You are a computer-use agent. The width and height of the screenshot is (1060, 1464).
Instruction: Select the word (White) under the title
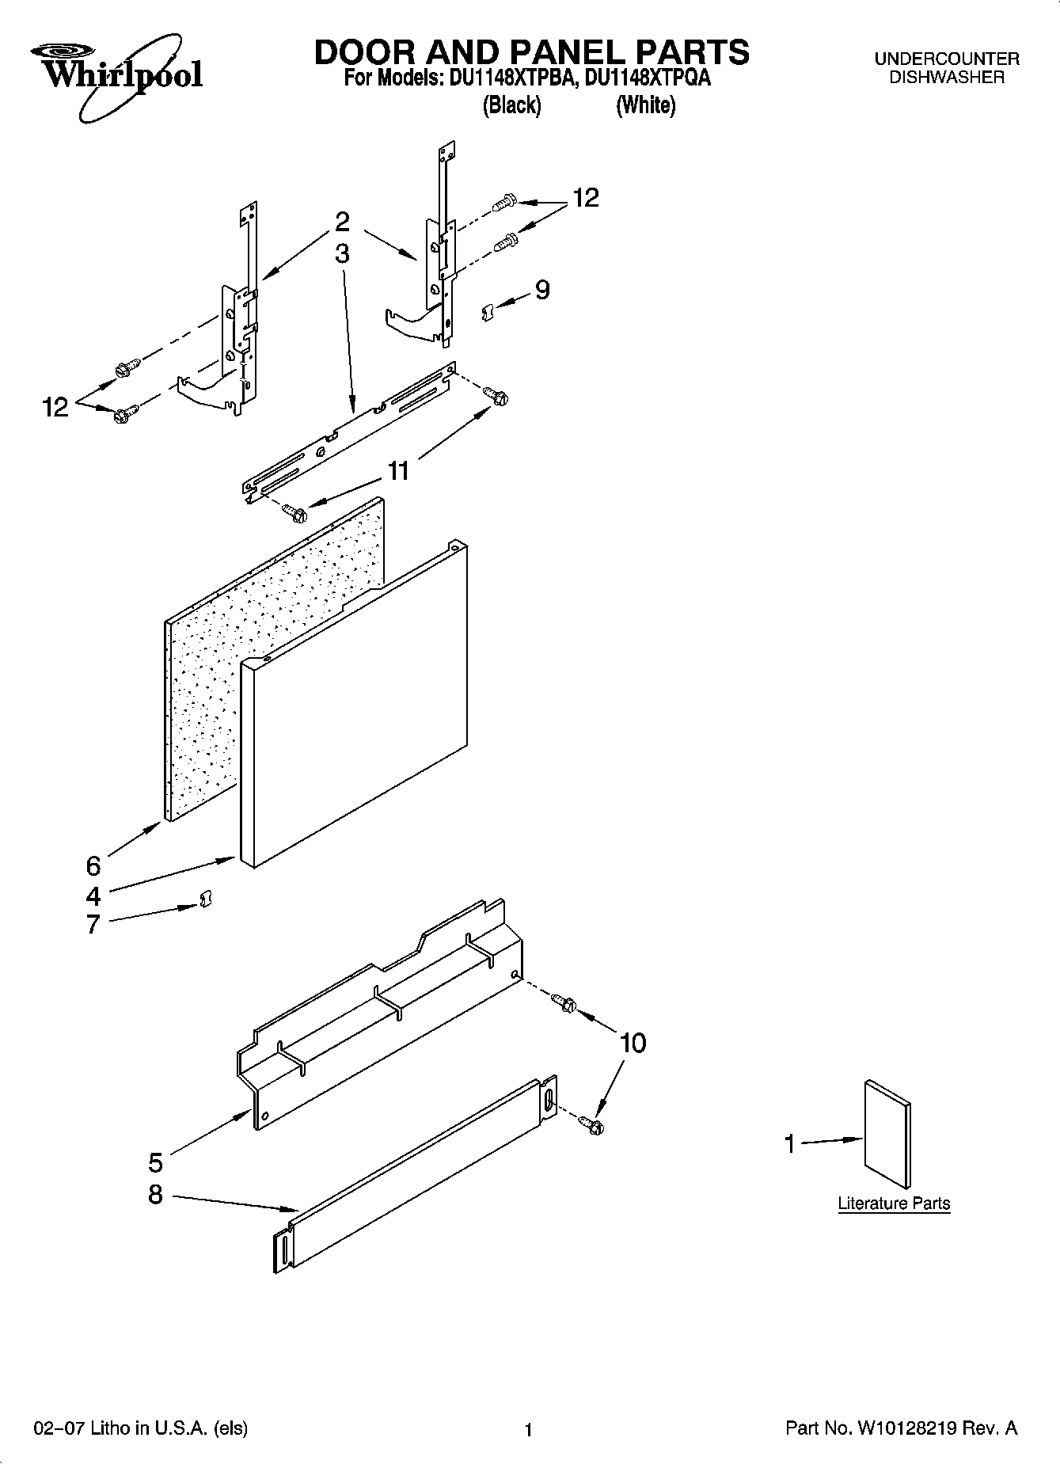point(646,105)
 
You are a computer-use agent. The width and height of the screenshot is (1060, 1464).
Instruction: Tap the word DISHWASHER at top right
point(946,78)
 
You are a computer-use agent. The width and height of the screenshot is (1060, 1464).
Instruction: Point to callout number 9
point(542,290)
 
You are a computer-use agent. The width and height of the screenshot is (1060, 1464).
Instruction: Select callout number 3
point(342,253)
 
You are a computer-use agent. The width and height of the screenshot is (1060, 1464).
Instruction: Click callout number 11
point(398,471)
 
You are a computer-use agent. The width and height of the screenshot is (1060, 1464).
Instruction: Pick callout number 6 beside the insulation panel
point(93,865)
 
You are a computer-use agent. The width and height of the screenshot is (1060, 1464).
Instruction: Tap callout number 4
point(93,896)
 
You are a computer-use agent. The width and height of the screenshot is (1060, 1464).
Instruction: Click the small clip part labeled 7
point(205,900)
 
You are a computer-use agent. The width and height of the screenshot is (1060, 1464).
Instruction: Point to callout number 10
point(633,1043)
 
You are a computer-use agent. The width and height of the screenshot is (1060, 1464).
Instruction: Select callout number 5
point(156,1162)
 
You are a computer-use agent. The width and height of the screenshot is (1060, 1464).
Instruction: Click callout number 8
point(156,1194)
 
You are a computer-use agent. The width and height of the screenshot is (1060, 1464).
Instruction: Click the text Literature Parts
point(894,1204)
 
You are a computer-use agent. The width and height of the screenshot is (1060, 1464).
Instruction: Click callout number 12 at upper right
point(586,197)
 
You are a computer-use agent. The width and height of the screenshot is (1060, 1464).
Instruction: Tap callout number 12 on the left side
point(56,408)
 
